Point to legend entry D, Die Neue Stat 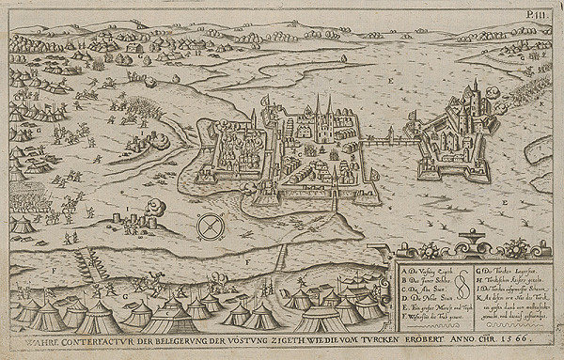[x=419, y=279]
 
